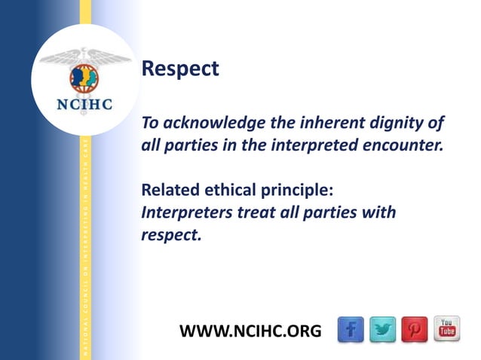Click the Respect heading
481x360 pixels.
pyautogui.click(x=180, y=69)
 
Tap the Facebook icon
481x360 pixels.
pyautogui.click(x=351, y=329)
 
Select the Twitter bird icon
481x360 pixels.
pyautogui.click(x=383, y=329)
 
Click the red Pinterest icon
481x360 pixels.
pyautogui.click(x=415, y=329)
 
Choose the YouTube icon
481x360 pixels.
pyautogui.click(x=446, y=329)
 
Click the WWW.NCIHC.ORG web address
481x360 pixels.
pyautogui.click(x=251, y=331)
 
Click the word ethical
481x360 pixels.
pyautogui.click(x=229, y=189)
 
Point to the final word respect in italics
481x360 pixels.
pyautogui.click(x=173, y=235)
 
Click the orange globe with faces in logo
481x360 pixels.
pyautogui.click(x=85, y=77)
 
